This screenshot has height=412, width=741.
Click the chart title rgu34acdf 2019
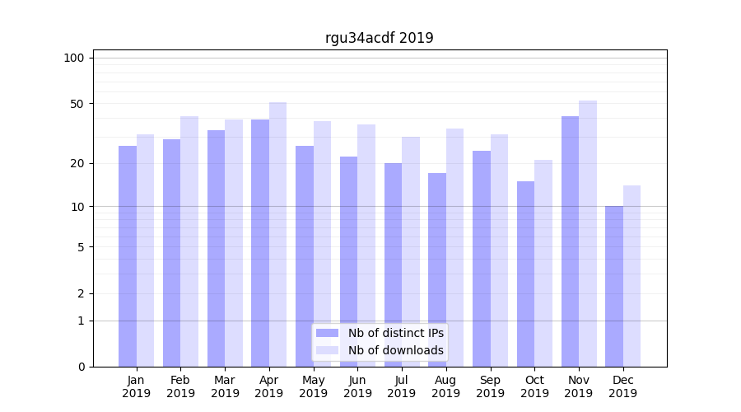point(379,38)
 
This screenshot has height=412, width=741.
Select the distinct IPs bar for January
point(128,256)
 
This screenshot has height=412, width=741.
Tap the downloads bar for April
point(278,235)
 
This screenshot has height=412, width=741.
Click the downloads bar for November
point(588,234)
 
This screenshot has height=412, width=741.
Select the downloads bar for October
point(543,263)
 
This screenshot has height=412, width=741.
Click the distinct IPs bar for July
point(393,265)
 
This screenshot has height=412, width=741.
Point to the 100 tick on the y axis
point(74,58)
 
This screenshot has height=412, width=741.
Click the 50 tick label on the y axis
point(77,104)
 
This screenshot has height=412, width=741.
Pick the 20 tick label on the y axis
point(77,163)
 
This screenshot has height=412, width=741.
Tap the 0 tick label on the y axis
point(81,367)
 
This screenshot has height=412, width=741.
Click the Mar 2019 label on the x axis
point(225,386)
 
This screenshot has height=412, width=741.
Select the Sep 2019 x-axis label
point(490,386)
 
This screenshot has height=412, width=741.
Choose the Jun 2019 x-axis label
point(357,386)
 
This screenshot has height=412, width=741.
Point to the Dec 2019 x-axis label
point(622,386)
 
